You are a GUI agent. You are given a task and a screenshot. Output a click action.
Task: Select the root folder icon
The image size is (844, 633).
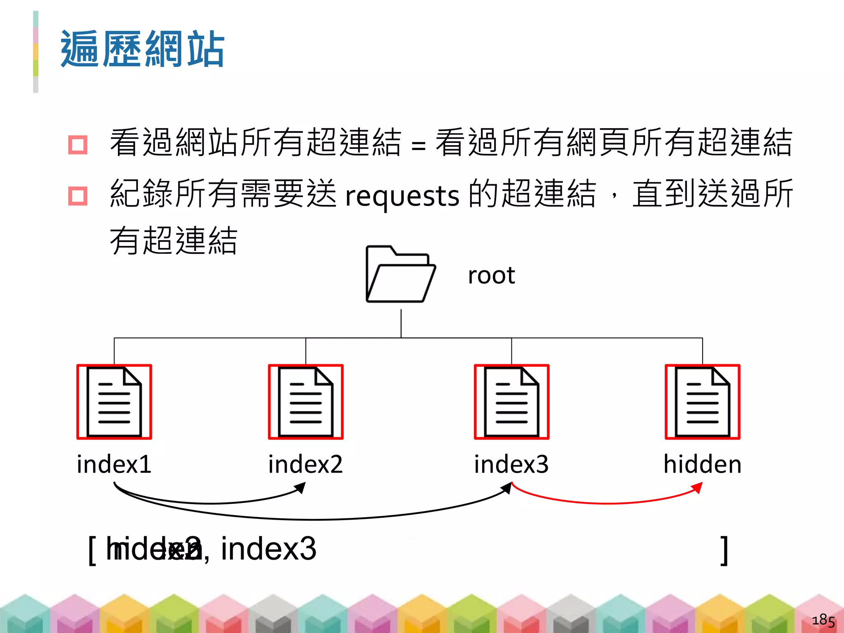click(x=400, y=274)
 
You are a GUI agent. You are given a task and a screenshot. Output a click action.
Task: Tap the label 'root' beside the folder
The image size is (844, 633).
click(x=491, y=275)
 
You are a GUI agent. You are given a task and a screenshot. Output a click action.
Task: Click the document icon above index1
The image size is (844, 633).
click(x=114, y=402)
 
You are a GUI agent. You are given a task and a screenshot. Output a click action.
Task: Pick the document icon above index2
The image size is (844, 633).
click(x=305, y=402)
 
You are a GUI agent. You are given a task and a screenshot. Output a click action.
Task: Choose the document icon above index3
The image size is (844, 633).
click(x=511, y=402)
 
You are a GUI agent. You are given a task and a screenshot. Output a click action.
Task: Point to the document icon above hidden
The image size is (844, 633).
click(x=702, y=402)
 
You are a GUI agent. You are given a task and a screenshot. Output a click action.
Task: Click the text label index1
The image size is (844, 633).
click(x=114, y=464)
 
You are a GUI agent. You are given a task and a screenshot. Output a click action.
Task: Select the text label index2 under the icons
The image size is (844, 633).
click(x=305, y=464)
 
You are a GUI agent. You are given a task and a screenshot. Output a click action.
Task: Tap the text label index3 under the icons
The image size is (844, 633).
click(x=511, y=464)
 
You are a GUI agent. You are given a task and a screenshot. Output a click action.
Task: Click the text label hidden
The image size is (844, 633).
click(x=702, y=464)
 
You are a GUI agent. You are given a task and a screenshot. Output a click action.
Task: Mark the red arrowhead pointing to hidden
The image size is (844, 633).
click(x=697, y=488)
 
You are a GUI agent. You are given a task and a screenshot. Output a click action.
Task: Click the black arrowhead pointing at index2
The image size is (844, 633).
click(x=301, y=488)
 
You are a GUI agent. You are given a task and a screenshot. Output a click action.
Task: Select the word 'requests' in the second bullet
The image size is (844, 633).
click(x=402, y=195)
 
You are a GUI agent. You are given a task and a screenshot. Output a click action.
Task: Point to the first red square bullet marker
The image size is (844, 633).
click(x=78, y=145)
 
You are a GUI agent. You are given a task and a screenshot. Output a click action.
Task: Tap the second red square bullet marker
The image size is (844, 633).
click(x=78, y=196)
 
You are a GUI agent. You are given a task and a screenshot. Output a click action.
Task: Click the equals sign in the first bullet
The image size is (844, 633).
click(x=418, y=145)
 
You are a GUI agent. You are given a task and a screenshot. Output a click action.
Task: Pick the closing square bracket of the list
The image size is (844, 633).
click(x=724, y=550)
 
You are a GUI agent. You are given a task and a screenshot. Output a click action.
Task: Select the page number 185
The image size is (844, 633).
click(x=823, y=620)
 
